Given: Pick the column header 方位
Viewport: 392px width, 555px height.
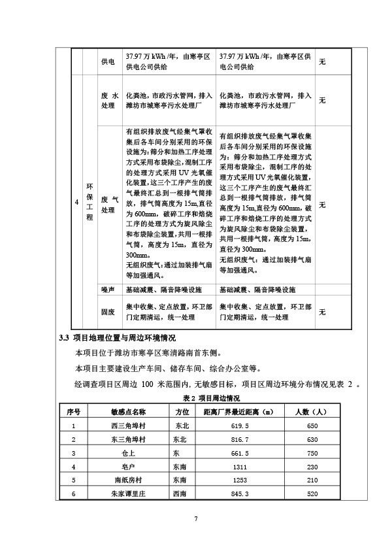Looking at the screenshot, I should click(182, 412).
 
